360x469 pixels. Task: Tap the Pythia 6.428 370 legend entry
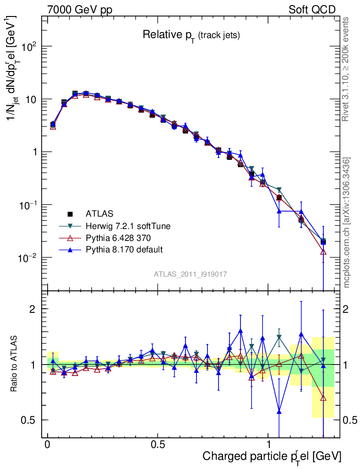118,237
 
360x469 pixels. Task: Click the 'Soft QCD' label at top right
312,10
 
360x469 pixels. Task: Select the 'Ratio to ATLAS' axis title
15,364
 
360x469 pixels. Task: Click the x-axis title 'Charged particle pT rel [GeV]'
272,456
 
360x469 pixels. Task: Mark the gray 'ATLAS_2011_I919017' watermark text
191,274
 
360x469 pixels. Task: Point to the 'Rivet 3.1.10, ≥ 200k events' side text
346,69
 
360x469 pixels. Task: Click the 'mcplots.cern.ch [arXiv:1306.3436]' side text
347,223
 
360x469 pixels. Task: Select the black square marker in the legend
71,213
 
